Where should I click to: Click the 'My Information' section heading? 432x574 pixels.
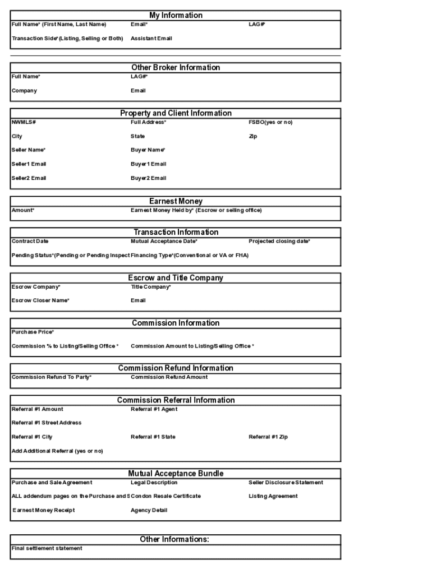point(176,15)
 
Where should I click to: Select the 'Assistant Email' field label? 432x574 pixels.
point(151,39)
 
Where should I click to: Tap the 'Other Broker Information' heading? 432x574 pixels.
point(176,67)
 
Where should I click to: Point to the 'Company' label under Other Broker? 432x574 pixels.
point(24,91)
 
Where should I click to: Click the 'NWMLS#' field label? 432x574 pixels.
point(24,122)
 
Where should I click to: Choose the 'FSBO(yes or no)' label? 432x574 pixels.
point(270,122)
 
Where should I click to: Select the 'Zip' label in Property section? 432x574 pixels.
point(253,136)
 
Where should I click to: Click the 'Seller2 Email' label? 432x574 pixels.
point(29,178)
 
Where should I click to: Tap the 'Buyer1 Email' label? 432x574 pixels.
point(148,164)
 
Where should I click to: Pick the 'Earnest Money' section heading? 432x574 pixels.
point(176,201)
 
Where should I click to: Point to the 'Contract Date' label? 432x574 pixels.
point(30,242)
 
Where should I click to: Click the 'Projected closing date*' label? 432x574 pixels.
point(279,242)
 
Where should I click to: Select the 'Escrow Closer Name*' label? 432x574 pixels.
point(40,300)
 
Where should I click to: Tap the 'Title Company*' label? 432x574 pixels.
point(150,287)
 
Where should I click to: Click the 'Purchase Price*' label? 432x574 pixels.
point(33,332)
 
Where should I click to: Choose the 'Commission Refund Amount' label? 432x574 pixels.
point(169,377)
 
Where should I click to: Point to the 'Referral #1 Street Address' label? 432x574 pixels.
point(47,423)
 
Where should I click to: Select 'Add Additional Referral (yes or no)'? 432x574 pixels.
point(57,451)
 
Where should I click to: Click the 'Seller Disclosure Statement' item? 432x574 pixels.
point(286,483)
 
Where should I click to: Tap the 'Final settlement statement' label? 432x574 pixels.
point(47,548)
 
